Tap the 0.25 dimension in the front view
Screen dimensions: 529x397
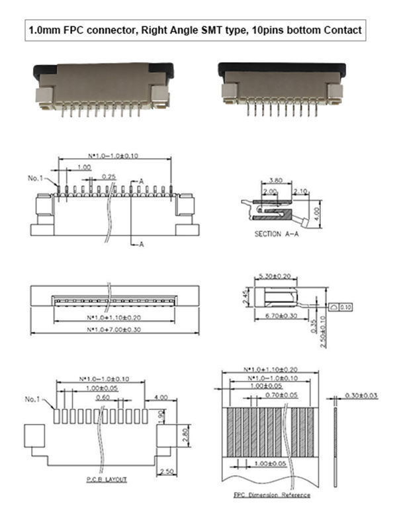pyautogui.click(x=109, y=177)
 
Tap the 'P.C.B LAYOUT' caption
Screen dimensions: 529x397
pyautogui.click(x=107, y=479)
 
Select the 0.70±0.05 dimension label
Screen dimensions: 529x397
pyautogui.click(x=276, y=394)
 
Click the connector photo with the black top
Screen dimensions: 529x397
pyautogui.click(x=281, y=87)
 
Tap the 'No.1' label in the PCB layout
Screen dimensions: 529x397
pyautogui.click(x=34, y=399)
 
